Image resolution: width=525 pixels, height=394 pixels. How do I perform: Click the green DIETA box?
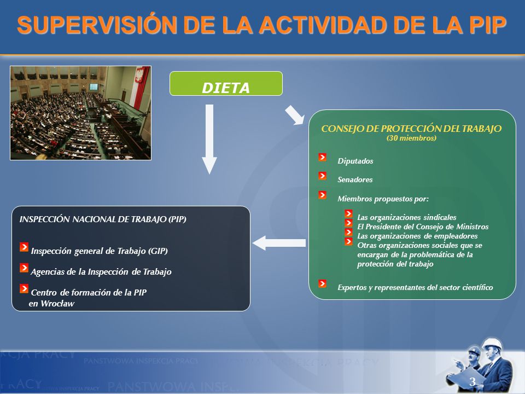click(226, 83)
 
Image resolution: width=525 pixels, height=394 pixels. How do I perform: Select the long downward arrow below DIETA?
click(209, 139)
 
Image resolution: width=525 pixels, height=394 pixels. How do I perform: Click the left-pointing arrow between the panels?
click(279, 243)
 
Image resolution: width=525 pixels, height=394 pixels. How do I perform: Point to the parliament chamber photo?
click(81, 113)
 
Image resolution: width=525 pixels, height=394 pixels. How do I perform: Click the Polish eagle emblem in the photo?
click(139, 74)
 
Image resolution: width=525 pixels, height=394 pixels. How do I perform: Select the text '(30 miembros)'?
click(411, 138)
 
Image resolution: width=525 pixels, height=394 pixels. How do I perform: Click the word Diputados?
click(355, 161)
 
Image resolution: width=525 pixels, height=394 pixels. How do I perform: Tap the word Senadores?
click(355, 180)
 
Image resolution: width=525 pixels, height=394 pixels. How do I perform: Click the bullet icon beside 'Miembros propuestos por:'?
click(323, 195)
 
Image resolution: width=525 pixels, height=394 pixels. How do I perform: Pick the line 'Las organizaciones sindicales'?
click(407, 217)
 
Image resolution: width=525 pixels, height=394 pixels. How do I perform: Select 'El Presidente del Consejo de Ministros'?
click(423, 227)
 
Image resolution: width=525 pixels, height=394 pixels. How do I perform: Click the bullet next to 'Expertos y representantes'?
click(323, 283)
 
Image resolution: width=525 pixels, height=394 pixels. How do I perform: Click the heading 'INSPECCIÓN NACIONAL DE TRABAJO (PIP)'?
click(103, 219)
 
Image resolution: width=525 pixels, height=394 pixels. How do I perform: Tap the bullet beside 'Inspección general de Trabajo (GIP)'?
click(24, 247)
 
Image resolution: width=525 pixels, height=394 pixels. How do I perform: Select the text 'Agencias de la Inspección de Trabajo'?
click(101, 272)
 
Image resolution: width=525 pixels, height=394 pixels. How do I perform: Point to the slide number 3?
click(472, 381)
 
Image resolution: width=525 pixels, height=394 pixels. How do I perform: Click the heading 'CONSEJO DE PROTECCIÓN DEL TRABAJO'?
click(411, 129)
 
